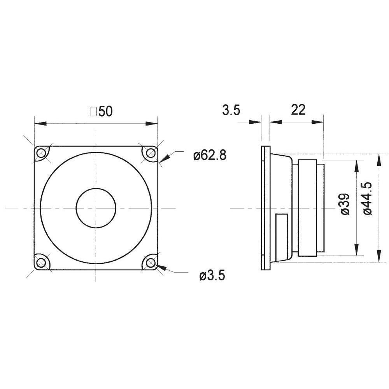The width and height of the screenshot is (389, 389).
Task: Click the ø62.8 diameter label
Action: point(209,156)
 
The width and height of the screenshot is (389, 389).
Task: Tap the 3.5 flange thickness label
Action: point(231,110)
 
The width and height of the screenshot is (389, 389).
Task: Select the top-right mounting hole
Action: point(149,154)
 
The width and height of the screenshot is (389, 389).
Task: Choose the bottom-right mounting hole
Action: point(149,263)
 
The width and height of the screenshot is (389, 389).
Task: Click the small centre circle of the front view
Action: point(96,208)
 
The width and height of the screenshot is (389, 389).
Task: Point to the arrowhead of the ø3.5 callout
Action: point(162,268)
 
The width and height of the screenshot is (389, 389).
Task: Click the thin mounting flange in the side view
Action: point(265,208)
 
